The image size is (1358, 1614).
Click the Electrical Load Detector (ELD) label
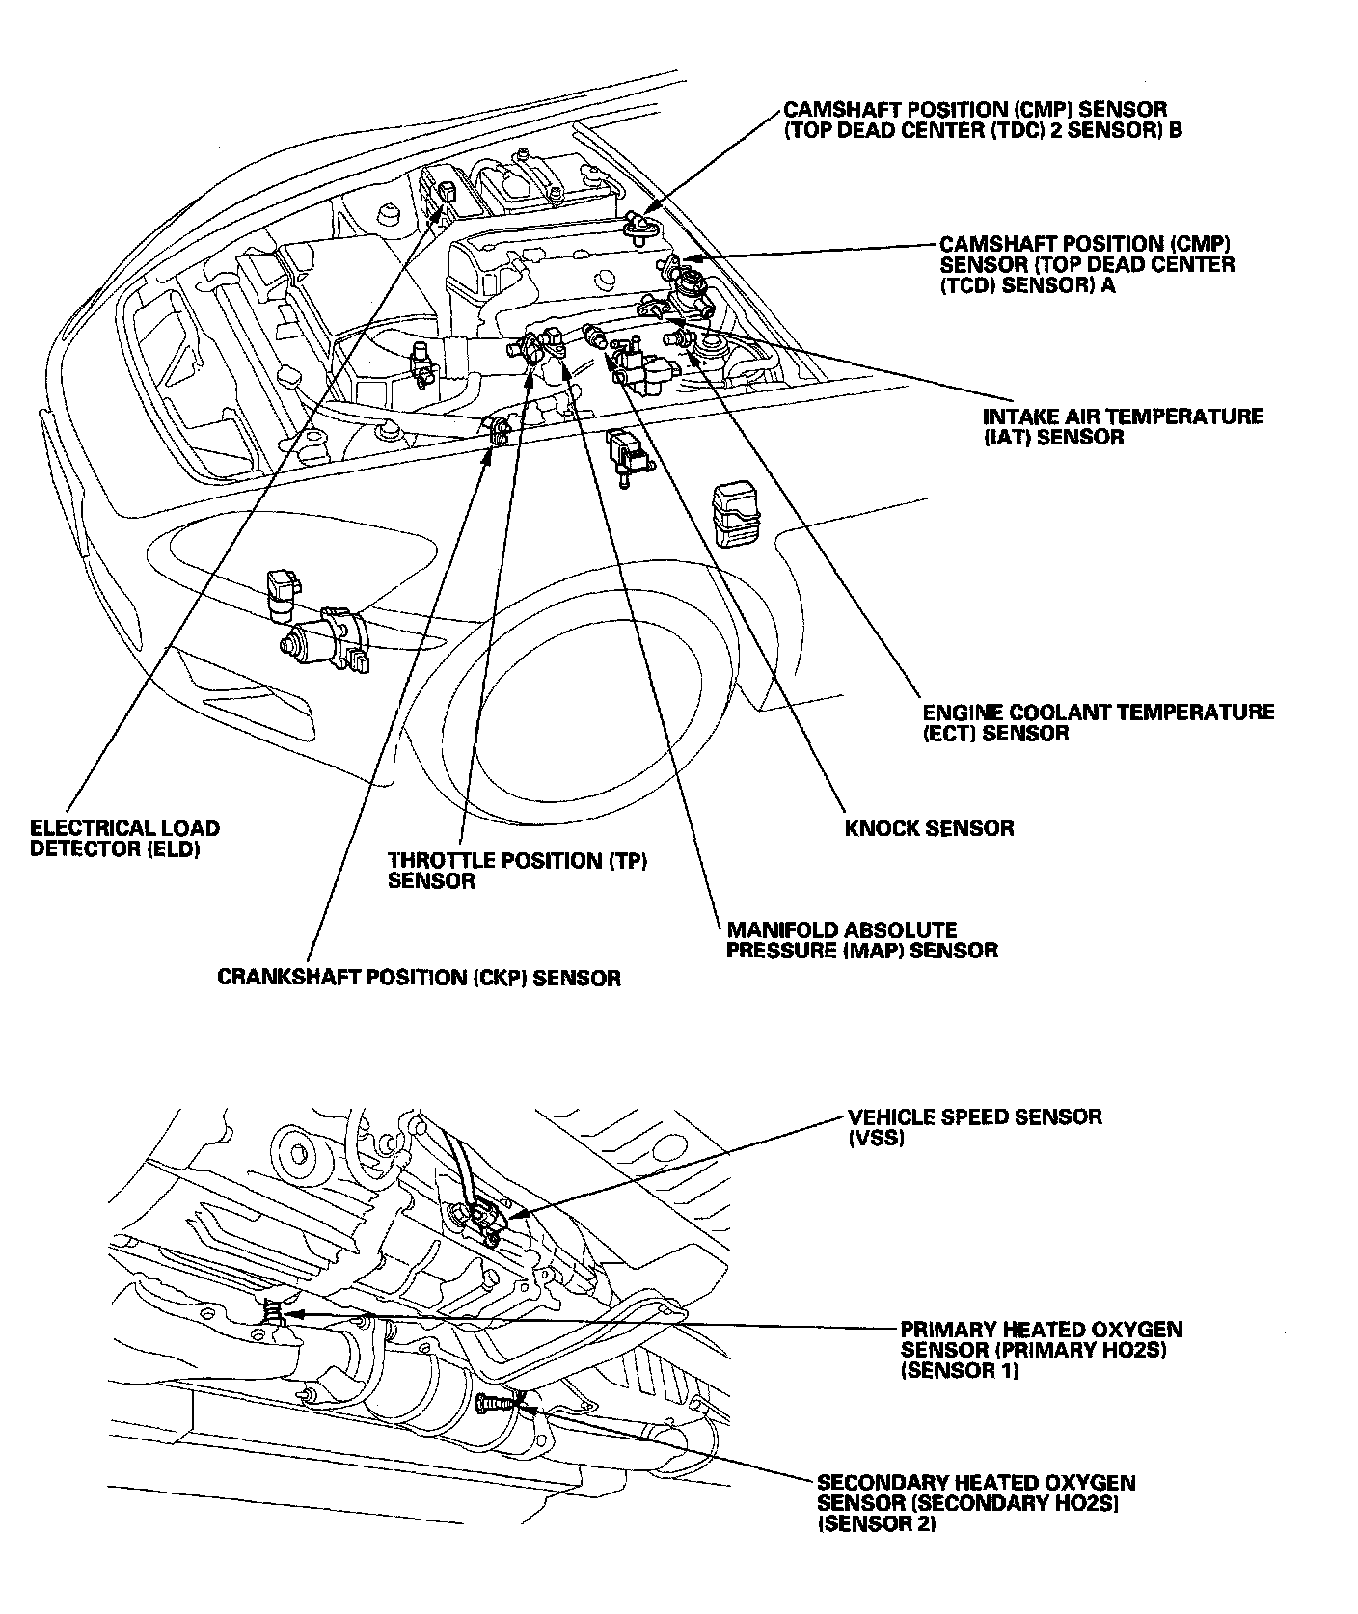(x=124, y=838)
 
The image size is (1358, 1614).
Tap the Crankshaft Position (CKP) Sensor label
(x=419, y=978)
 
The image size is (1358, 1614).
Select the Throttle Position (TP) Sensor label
(x=517, y=870)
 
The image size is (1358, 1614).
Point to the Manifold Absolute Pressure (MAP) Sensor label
(x=861, y=940)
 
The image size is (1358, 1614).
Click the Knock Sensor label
(x=929, y=828)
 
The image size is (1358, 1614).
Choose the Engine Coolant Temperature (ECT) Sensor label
(x=1098, y=722)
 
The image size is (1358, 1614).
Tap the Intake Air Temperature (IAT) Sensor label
(x=1122, y=426)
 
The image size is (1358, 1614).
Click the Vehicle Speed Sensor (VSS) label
(x=974, y=1127)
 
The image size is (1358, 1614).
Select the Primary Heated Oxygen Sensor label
(x=1041, y=1349)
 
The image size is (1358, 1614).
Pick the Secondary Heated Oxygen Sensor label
(x=975, y=1503)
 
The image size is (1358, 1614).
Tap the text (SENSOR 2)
(x=876, y=1524)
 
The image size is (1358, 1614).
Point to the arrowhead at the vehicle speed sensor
(x=509, y=1217)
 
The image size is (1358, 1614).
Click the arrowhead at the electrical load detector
(x=443, y=202)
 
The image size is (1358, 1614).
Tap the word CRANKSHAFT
(x=280, y=978)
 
